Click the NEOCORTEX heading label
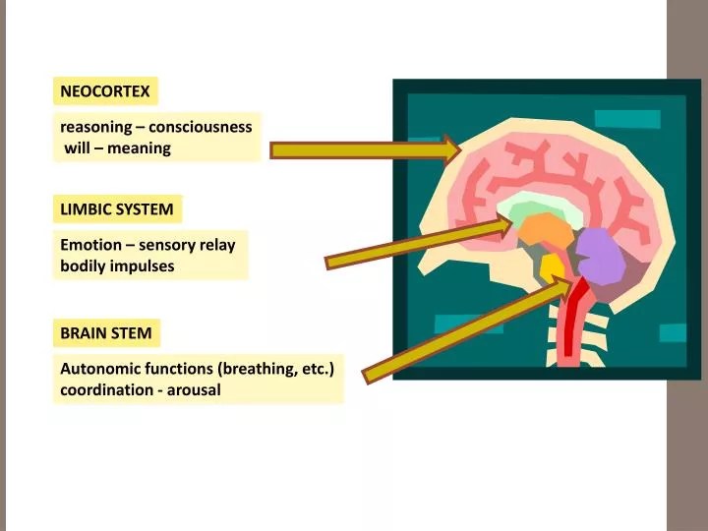tap(105, 91)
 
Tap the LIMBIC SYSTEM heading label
tap(117, 208)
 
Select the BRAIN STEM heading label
tap(106, 332)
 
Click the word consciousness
tap(201, 127)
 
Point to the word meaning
tap(140, 148)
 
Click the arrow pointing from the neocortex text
tap(364, 149)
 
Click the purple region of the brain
tap(599, 256)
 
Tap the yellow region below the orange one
tap(552, 266)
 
